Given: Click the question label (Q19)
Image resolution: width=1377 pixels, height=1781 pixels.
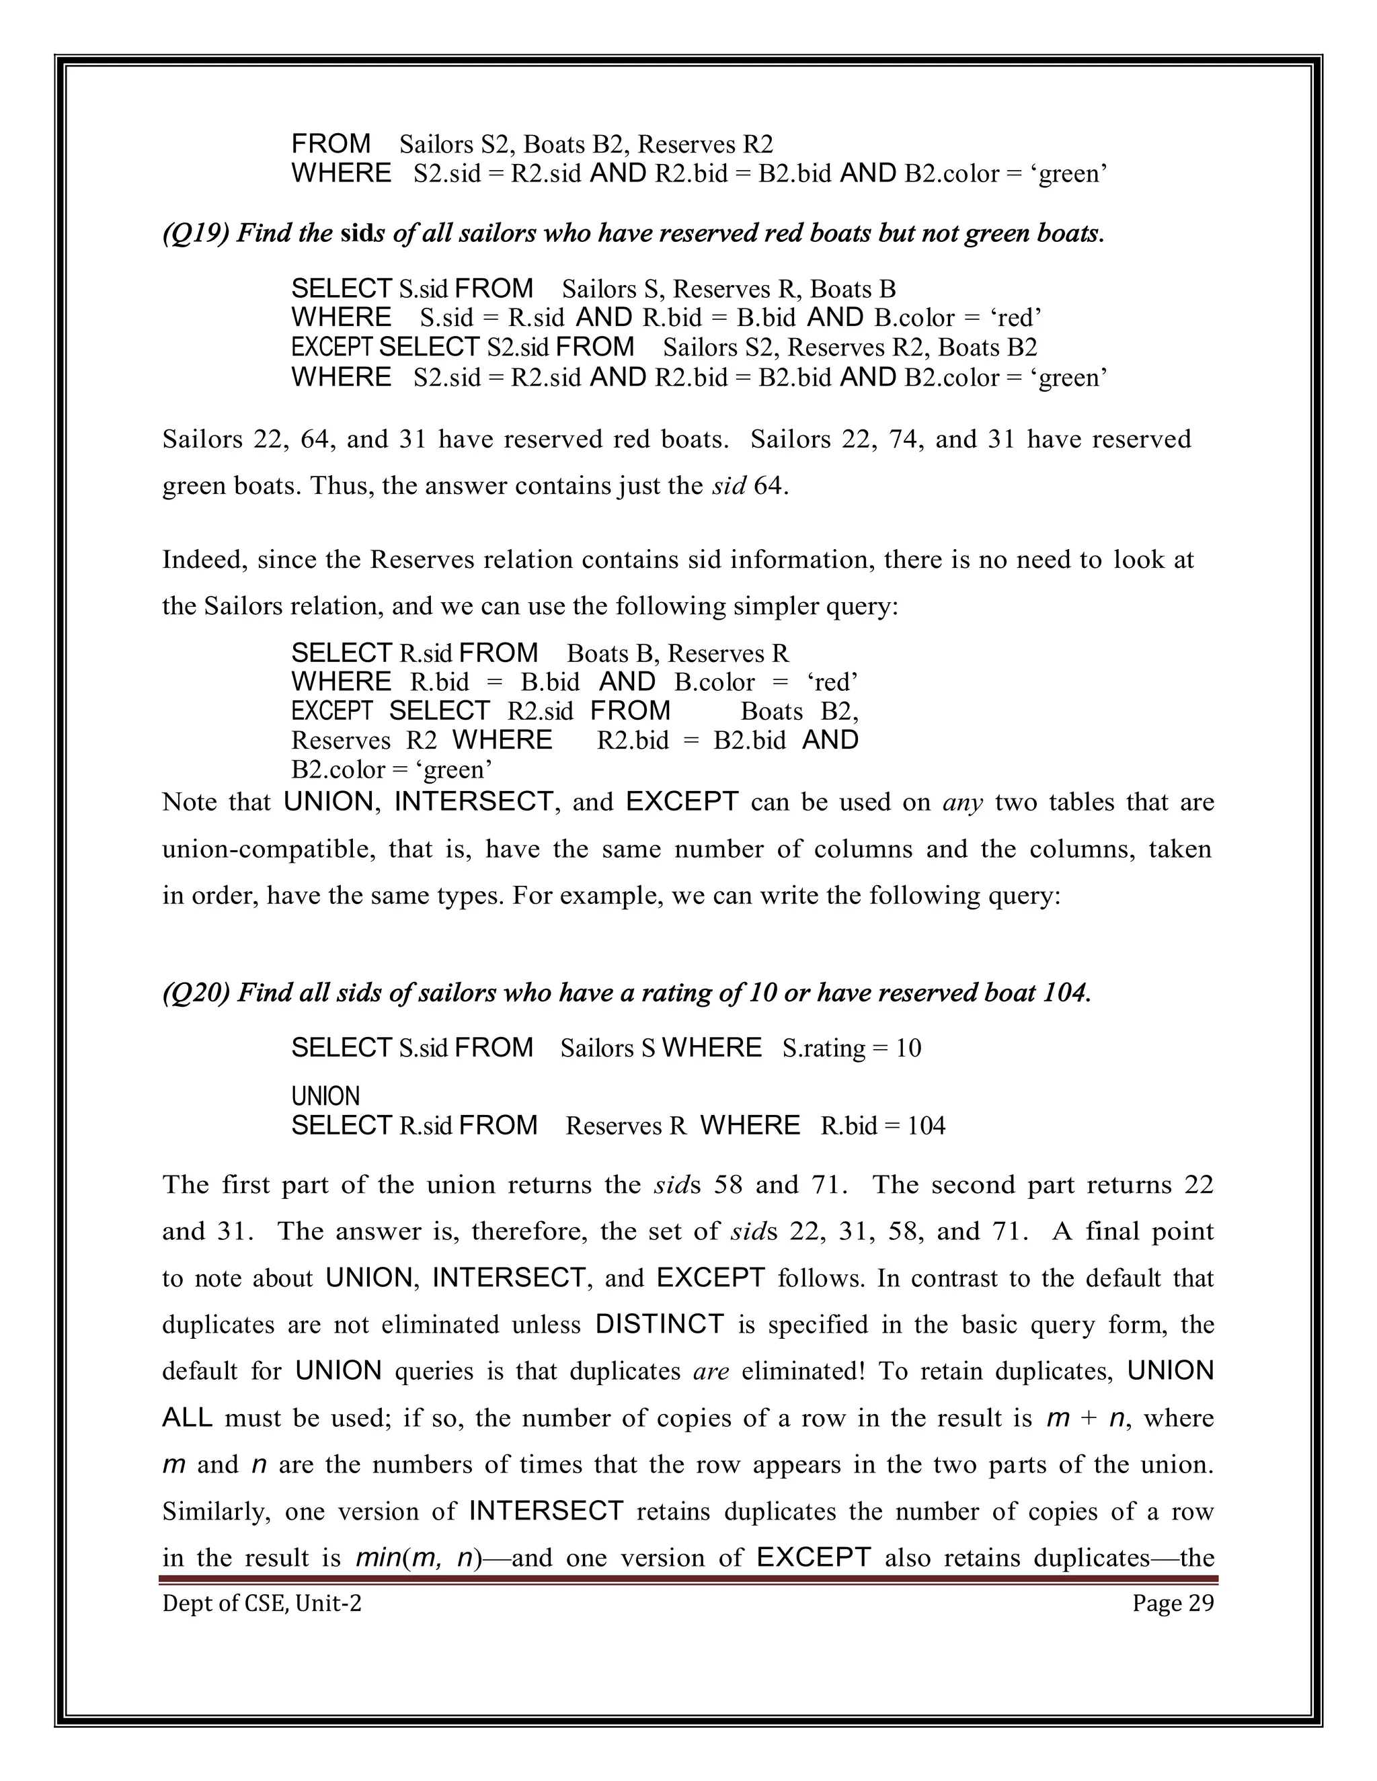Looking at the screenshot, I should tap(196, 234).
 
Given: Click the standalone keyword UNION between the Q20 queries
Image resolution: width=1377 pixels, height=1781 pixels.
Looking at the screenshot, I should tap(325, 1096).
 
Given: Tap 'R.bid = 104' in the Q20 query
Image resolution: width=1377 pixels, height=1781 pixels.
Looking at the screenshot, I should tap(883, 1126).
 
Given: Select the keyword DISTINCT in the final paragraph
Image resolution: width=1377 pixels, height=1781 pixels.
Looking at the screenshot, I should tap(660, 1325).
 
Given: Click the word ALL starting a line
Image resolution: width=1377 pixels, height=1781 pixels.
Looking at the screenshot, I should tap(188, 1418).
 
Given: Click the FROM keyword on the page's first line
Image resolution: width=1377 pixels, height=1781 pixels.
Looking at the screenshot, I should tap(331, 144).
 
